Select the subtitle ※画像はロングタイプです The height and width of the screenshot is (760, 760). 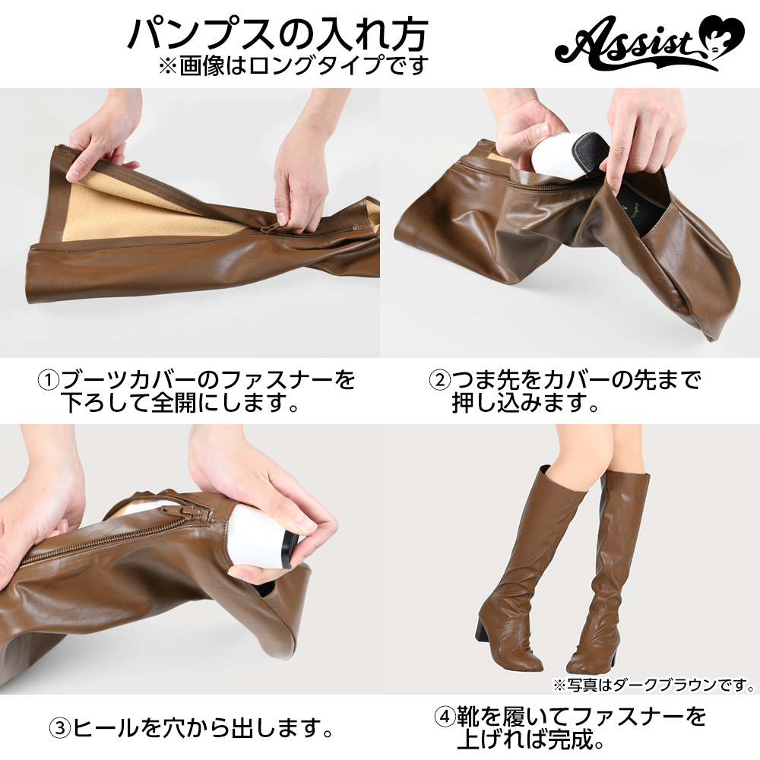coord(293,66)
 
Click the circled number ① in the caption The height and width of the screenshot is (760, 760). coord(49,380)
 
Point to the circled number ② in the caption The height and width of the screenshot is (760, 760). coord(440,380)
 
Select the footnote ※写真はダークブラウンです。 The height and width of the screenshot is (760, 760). coord(654,685)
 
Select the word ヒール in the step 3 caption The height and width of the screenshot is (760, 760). coord(105,728)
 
